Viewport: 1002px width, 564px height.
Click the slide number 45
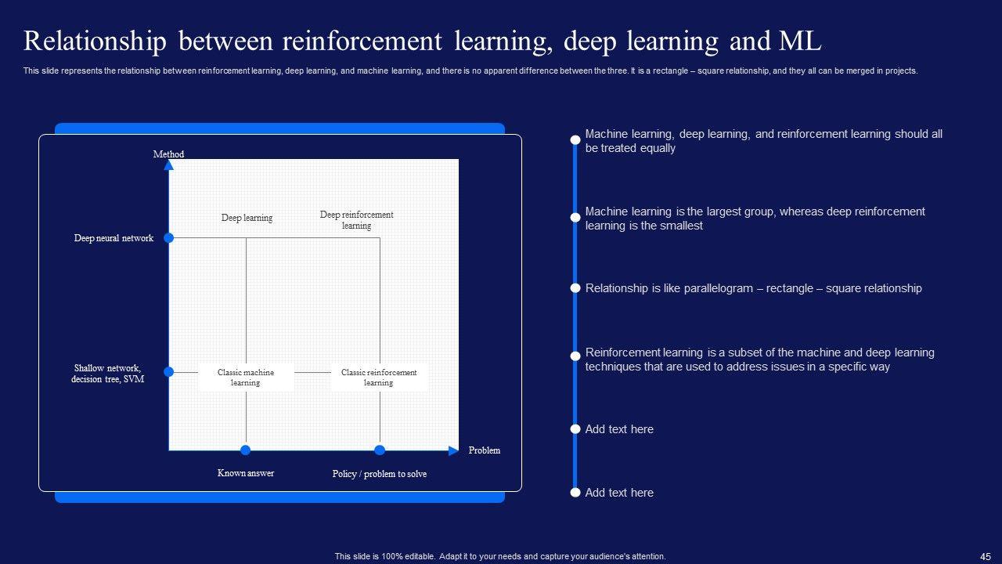tap(986, 556)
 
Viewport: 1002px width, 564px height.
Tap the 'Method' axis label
tap(168, 154)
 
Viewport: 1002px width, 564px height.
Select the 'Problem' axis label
tap(484, 450)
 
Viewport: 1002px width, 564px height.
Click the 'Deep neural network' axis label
tap(114, 238)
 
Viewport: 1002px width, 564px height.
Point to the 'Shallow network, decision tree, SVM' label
tap(107, 374)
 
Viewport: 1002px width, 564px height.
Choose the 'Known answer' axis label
tap(246, 473)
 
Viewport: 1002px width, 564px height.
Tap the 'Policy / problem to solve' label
tap(380, 474)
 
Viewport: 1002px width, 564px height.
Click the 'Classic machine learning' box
tap(246, 378)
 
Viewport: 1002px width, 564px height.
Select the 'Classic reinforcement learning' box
tap(379, 378)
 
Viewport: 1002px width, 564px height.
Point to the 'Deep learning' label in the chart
tap(247, 218)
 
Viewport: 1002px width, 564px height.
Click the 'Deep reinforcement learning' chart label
tap(356, 220)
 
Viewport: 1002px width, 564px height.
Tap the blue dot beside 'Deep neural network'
tap(168, 238)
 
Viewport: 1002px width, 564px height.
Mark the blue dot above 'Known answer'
tap(246, 450)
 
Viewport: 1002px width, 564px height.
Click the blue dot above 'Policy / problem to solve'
tap(380, 450)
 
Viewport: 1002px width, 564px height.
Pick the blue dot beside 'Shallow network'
tap(168, 372)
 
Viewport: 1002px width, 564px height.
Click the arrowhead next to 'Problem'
tap(453, 450)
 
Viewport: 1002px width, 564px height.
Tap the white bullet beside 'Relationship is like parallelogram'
tap(575, 288)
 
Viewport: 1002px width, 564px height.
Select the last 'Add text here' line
tap(619, 493)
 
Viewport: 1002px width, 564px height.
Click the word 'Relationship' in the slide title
tap(95, 41)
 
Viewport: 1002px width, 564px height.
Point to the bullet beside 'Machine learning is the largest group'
tap(575, 217)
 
